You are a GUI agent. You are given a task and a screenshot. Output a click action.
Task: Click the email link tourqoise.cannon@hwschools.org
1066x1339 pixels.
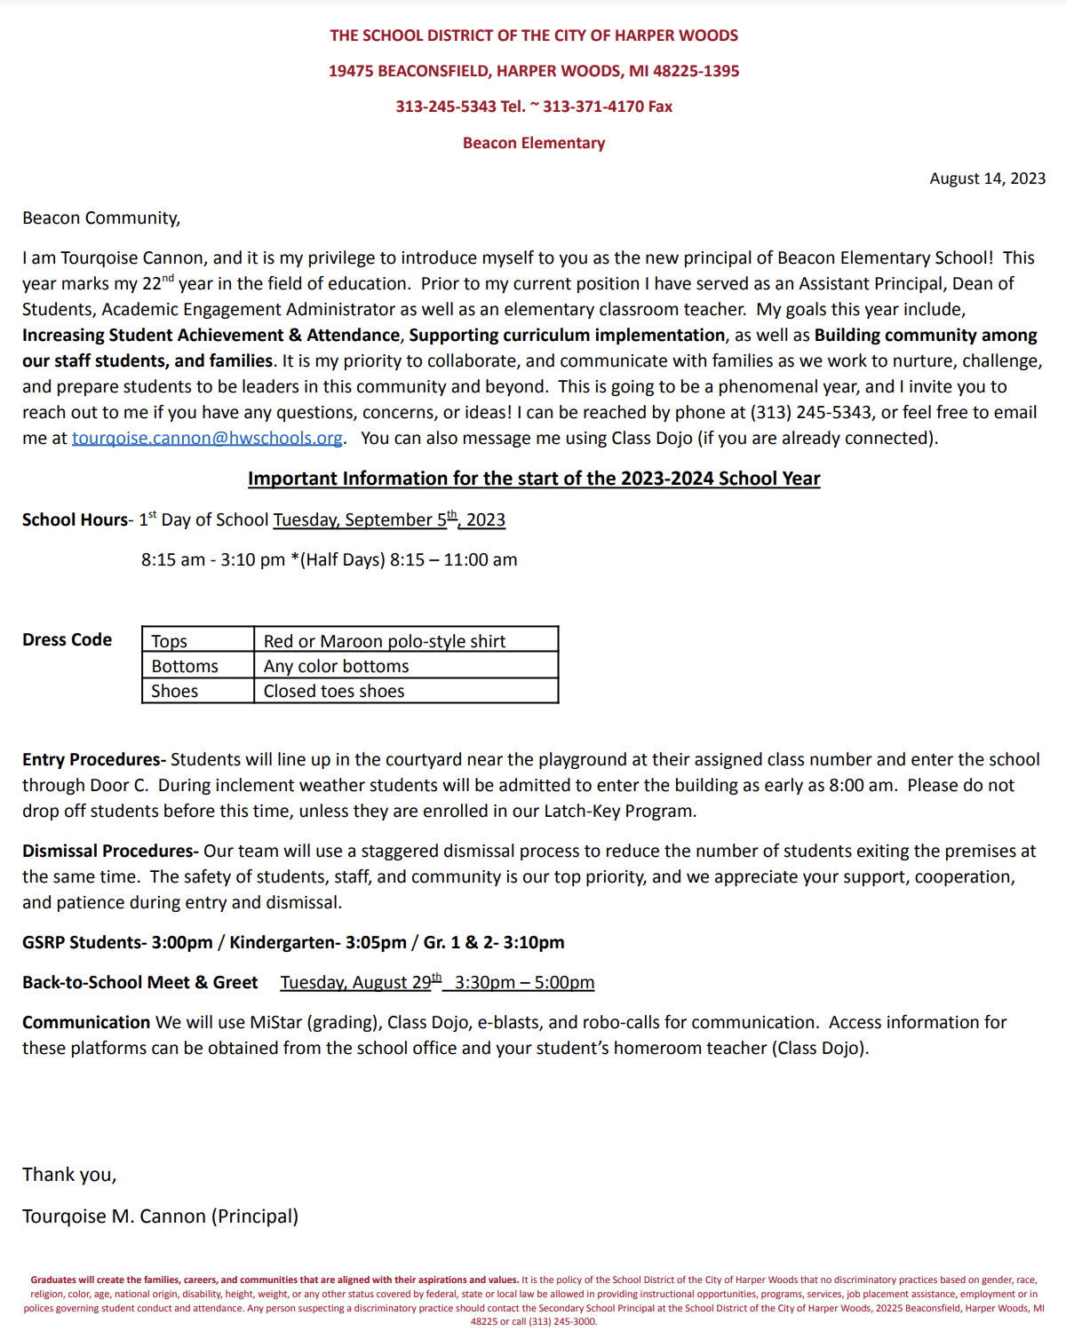click(x=207, y=439)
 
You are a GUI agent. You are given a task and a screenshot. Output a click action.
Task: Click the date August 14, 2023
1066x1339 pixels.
click(x=987, y=178)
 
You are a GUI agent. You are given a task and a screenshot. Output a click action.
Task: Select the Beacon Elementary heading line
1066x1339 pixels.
click(x=533, y=143)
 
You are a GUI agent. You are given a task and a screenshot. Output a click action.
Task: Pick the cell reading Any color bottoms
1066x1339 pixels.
click(x=337, y=666)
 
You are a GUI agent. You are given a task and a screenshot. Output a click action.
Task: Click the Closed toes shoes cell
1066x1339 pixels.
click(x=334, y=691)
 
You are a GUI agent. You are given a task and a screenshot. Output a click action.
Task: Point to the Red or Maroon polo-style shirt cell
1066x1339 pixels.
click(x=385, y=641)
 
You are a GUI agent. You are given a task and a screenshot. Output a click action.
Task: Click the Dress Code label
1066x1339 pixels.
click(x=68, y=640)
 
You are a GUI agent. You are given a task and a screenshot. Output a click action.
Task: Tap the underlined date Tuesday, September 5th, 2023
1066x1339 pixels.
click(x=389, y=520)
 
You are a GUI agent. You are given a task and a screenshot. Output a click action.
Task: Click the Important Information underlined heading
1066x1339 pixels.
click(x=533, y=479)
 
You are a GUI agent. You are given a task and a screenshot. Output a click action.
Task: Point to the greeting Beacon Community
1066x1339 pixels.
click(x=101, y=218)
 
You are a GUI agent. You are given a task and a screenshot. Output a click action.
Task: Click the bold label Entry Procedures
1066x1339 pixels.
click(x=94, y=760)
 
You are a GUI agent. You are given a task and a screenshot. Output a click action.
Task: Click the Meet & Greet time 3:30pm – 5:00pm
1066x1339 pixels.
click(x=524, y=983)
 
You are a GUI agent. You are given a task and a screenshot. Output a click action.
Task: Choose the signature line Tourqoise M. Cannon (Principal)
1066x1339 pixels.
click(x=161, y=1216)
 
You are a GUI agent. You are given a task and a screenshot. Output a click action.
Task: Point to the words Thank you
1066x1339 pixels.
click(x=69, y=1175)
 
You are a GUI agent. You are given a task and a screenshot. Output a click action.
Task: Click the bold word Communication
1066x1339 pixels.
click(x=86, y=1023)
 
